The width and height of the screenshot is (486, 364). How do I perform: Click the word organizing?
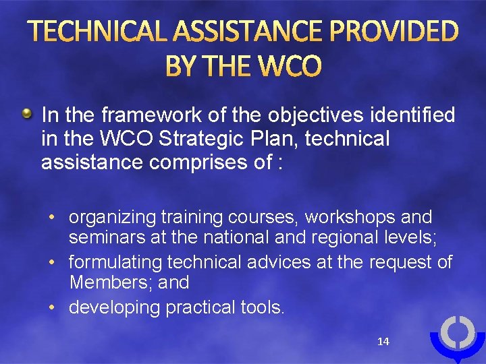click(x=113, y=218)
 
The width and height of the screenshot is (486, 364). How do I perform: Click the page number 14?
click(x=383, y=342)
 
